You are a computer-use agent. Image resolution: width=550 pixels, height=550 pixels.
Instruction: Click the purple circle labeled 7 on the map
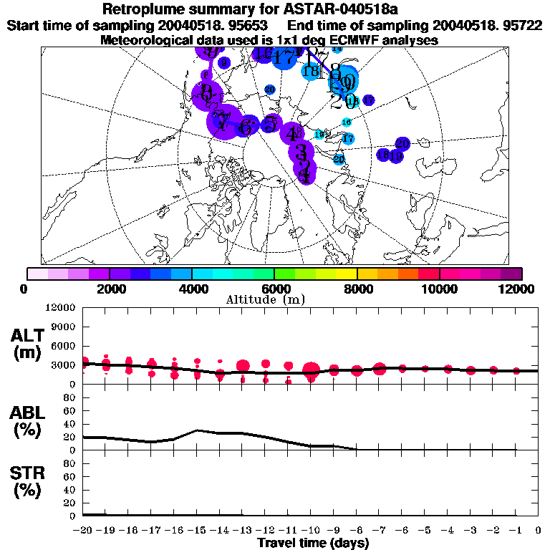[223, 122]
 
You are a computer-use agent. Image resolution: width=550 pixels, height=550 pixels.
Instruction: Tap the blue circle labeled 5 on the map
[270, 124]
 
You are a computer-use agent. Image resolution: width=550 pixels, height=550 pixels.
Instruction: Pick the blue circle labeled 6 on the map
[248, 127]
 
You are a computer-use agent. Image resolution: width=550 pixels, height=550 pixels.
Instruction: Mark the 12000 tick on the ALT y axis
[61, 308]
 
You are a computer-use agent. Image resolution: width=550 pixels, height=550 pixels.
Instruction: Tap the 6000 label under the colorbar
[275, 289]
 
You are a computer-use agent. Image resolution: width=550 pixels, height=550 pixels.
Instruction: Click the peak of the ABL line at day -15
[197, 430]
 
